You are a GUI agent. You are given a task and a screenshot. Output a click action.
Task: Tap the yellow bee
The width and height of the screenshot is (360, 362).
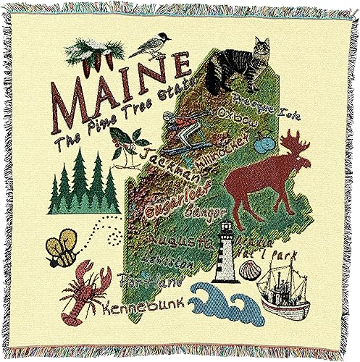pos(61,248)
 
